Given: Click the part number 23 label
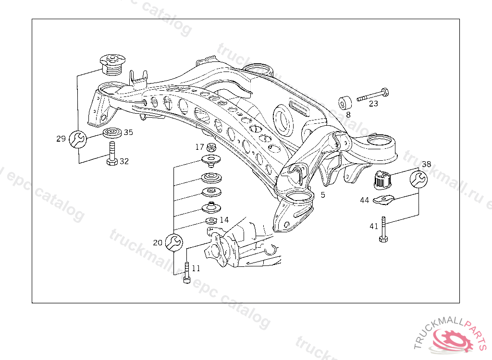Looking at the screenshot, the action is pyautogui.click(x=374, y=103).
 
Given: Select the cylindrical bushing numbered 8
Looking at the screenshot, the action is pyautogui.click(x=344, y=103).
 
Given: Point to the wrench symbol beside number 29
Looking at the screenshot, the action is pyautogui.click(x=78, y=139).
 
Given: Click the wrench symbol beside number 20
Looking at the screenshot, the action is pyautogui.click(x=173, y=242).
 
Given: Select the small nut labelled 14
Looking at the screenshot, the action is pyautogui.click(x=210, y=221).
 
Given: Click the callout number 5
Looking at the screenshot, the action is pyautogui.click(x=323, y=195).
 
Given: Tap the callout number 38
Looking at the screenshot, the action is pyautogui.click(x=426, y=164).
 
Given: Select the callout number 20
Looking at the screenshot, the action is pyautogui.click(x=158, y=243).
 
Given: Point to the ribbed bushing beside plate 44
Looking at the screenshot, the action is pyautogui.click(x=383, y=180).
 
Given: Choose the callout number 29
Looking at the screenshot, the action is pyautogui.click(x=61, y=139).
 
